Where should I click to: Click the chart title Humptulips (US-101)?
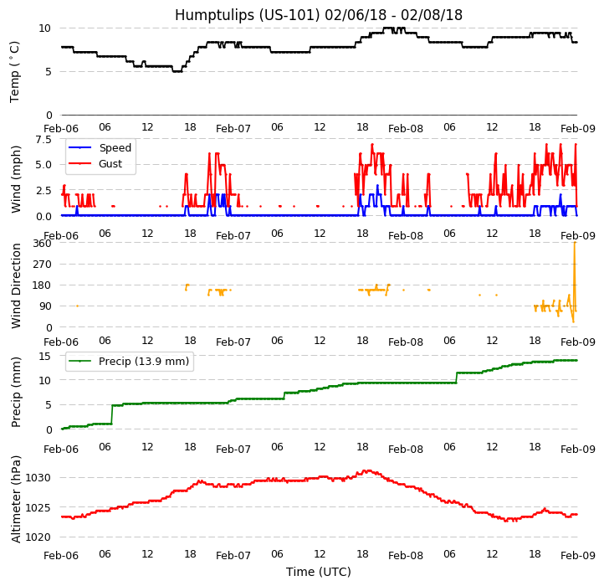318,15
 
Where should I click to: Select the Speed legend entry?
115,148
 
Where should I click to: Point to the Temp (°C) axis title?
15,71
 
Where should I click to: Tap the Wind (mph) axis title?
17,178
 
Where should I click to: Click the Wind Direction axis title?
17,285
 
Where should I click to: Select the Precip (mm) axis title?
17,392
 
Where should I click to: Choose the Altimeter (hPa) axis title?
17,498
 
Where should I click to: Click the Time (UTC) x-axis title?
318,572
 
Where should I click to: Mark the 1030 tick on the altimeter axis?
38,478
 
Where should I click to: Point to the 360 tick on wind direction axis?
42,244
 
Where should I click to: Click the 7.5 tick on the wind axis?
42,141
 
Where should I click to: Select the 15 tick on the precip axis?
45,357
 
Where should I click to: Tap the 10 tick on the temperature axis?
45,28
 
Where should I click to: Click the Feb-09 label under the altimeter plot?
577,556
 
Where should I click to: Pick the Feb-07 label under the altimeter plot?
233,556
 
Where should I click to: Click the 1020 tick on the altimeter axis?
38,537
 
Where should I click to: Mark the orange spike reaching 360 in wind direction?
574,244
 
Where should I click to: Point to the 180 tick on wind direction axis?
42,285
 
